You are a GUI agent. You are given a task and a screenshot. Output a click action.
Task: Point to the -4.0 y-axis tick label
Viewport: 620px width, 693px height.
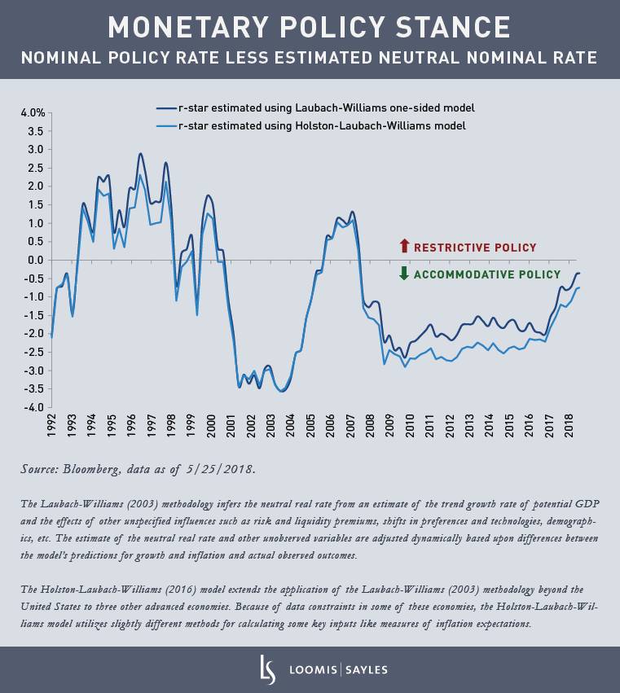(x=33, y=407)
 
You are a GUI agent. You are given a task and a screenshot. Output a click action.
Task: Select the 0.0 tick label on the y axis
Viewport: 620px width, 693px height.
(x=35, y=260)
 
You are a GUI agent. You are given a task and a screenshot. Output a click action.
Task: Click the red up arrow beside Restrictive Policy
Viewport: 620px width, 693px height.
(x=403, y=247)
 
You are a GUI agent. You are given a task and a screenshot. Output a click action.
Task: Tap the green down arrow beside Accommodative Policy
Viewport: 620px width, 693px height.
(x=403, y=274)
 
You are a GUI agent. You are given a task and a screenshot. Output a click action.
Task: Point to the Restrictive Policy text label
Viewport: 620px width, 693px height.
(x=475, y=248)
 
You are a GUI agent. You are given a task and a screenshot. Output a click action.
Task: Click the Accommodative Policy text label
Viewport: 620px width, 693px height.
(x=487, y=275)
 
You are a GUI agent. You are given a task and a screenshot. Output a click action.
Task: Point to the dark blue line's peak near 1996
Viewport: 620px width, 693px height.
(x=140, y=154)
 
